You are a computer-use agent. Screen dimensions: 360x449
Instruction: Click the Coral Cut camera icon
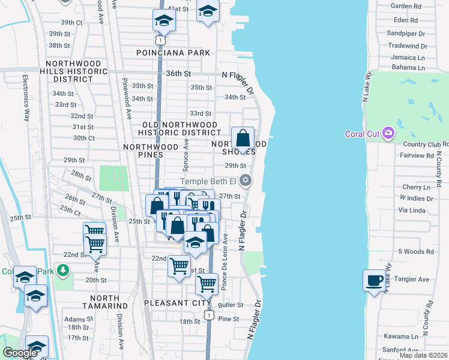388,133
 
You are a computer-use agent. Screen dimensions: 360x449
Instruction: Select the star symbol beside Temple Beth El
245,180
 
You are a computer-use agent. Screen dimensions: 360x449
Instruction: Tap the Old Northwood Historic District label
179,128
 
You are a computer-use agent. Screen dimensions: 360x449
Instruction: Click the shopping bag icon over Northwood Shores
243,139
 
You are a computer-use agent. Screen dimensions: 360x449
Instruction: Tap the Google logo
20,353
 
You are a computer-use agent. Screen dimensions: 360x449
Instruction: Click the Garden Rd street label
406,6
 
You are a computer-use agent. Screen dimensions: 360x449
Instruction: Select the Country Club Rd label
426,145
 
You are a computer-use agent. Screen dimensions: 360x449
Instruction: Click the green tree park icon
62,271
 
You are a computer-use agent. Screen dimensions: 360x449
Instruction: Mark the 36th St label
178,73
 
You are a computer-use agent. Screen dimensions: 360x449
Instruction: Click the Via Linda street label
411,211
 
